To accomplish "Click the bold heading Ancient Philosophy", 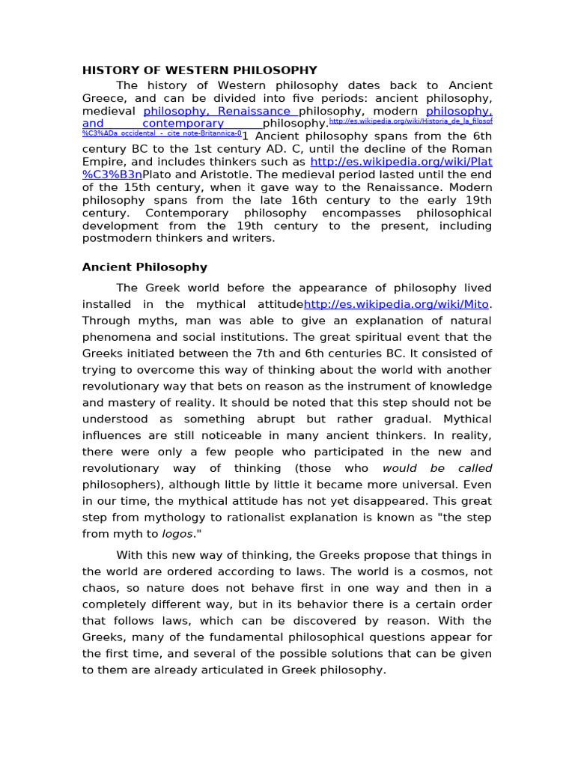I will click(144, 267).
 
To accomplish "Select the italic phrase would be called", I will click(437, 468).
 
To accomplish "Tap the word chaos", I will click(100, 587).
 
